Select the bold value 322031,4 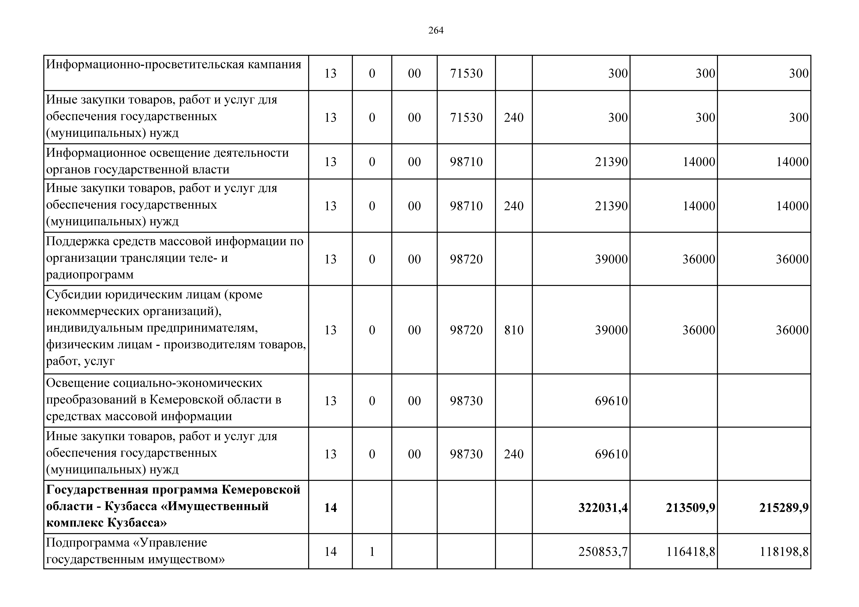click(603, 508)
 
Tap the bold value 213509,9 click(690, 508)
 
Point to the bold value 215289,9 click(784, 508)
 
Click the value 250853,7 click(603, 552)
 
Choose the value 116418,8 click(690, 552)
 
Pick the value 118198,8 click(784, 552)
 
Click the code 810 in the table click(514, 330)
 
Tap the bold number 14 click(330, 508)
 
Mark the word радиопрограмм click(90, 275)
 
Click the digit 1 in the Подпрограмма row click(372, 552)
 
